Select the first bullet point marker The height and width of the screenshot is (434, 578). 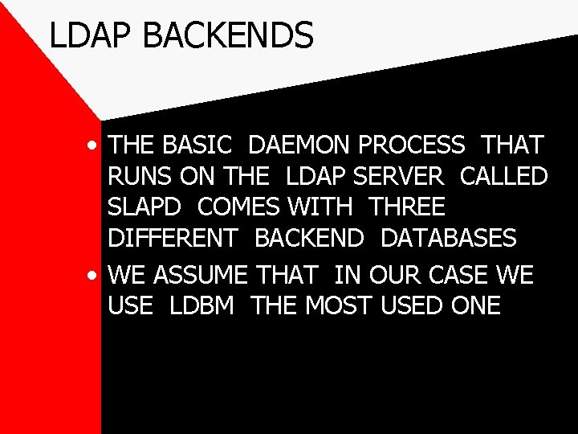click(x=95, y=146)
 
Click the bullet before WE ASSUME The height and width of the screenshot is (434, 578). click(x=95, y=276)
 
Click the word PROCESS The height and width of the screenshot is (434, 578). click(x=411, y=145)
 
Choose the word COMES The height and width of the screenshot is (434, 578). click(x=238, y=207)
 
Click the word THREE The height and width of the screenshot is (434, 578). click(x=407, y=207)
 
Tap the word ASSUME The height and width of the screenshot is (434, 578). click(x=201, y=276)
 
